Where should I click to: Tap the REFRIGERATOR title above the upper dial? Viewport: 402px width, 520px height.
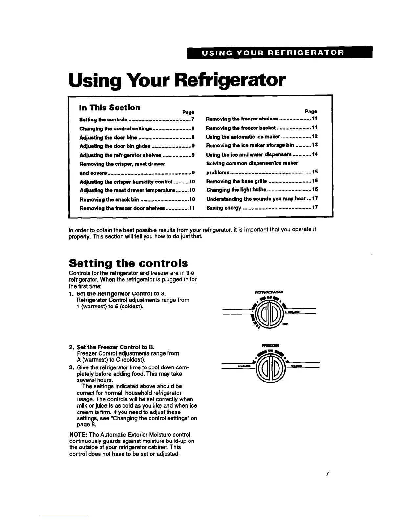pos(269,291)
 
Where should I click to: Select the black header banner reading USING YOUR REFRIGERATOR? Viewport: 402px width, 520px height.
pos(279,53)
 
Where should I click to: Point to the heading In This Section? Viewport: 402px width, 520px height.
pos(110,108)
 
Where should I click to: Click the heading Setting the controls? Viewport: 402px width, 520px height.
pos(128,263)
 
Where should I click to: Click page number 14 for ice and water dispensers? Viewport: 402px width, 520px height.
pos(314,154)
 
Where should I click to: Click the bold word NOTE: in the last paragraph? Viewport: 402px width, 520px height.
pos(76,434)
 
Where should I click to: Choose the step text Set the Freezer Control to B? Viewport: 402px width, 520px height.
pos(116,347)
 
